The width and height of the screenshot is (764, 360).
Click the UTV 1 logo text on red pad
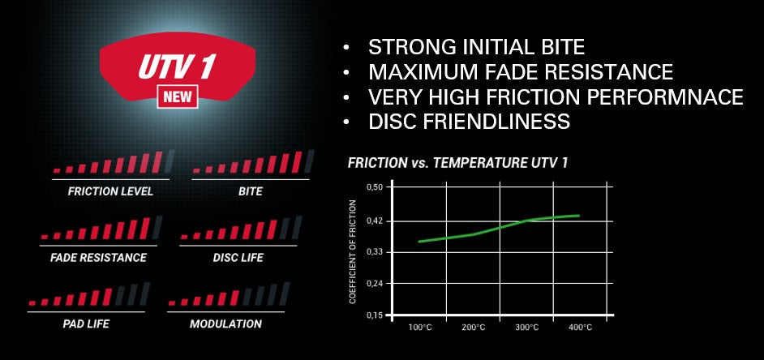pos(176,66)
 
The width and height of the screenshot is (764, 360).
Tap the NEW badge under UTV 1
pos(178,96)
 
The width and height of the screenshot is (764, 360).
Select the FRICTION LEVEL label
pos(110,191)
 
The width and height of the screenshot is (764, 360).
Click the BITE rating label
pos(251,191)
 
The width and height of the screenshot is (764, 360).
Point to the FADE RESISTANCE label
pos(98,257)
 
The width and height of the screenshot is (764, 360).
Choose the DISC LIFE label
pos(238,257)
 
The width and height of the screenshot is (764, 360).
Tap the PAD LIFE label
pos(86,324)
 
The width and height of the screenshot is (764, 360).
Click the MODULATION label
pos(225,324)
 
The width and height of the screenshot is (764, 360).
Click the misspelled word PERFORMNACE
pos(665,96)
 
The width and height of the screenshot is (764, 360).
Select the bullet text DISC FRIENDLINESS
pos(470,122)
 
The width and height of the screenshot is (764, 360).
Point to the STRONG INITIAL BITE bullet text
pos(477,47)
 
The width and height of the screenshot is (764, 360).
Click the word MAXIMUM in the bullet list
pos(424,71)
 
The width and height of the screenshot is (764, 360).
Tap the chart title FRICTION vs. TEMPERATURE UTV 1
pos(457,163)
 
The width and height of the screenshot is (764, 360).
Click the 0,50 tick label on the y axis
pos(376,187)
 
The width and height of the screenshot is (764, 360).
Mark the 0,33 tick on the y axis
pos(376,252)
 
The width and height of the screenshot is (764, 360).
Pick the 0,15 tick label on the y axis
pos(376,315)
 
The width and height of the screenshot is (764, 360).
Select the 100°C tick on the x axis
pos(420,328)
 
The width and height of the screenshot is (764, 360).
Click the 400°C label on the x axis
pos(581,328)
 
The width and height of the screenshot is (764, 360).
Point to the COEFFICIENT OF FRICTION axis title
pos(353,252)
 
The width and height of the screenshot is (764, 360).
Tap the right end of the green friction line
pos(579,216)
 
